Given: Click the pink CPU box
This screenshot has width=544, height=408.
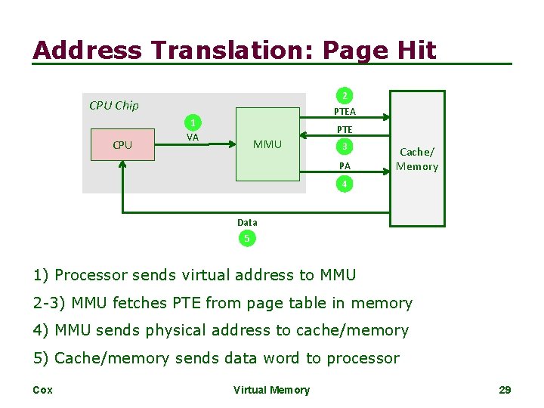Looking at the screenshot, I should coord(122,144).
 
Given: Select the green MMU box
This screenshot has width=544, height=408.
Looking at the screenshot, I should coord(267,144).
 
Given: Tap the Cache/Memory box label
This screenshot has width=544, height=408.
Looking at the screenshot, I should coord(416,159).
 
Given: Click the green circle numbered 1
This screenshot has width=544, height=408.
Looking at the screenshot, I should coord(193,123).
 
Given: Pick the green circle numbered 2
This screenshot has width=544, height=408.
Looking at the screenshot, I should coord(345,96).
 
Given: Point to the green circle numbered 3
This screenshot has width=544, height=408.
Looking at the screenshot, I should coord(345,147).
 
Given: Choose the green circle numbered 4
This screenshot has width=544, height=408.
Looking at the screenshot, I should coord(345,184).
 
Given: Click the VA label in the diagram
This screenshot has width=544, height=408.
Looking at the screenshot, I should coord(193,138).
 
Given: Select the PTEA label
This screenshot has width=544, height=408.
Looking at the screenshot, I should coord(345,112).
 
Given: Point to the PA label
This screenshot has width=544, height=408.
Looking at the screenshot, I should coord(345,165).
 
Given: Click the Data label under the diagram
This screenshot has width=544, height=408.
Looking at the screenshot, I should coord(247,222).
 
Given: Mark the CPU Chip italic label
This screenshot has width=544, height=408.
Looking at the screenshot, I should coord(114,106).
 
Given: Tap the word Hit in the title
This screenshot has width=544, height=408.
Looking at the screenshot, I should coord(419,51).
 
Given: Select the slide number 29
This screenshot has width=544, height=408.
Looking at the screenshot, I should coord(505,390).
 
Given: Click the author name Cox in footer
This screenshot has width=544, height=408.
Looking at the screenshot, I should coord(43,390).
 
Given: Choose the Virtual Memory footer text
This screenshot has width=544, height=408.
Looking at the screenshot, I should coord(271,390).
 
